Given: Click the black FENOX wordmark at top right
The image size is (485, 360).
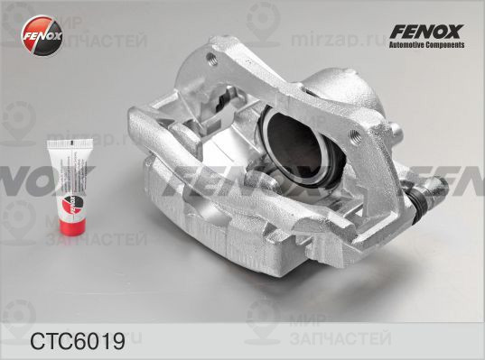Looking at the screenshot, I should pyautogui.click(x=425, y=32).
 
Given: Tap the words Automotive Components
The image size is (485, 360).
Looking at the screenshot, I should pyautogui.click(x=425, y=47).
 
